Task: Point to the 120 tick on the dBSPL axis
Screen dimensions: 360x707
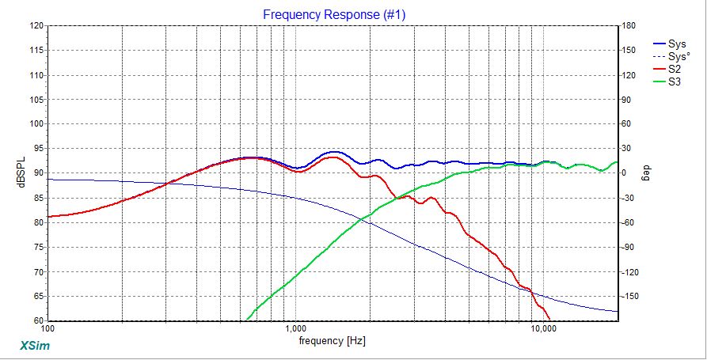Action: pos(36,25)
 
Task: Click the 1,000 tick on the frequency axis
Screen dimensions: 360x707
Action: pos(295,328)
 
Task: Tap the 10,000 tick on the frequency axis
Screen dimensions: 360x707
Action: pos(542,328)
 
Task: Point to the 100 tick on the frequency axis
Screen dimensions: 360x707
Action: pos(48,328)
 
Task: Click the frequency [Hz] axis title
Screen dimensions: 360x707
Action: pos(333,341)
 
